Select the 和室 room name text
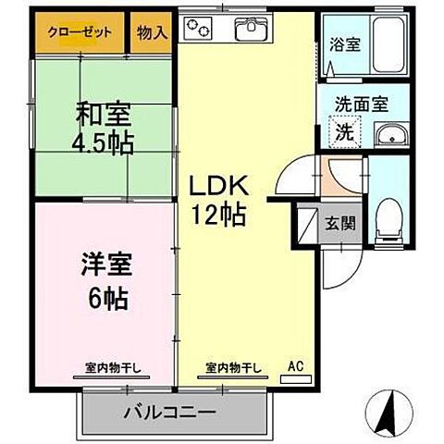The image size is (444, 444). coord(103,116)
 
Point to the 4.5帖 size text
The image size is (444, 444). coord(103,142)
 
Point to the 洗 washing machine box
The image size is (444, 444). coord(343,131)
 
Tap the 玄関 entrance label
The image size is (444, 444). coord(338,222)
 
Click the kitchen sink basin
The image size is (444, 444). coord(251,31)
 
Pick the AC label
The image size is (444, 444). coord(296,364)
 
